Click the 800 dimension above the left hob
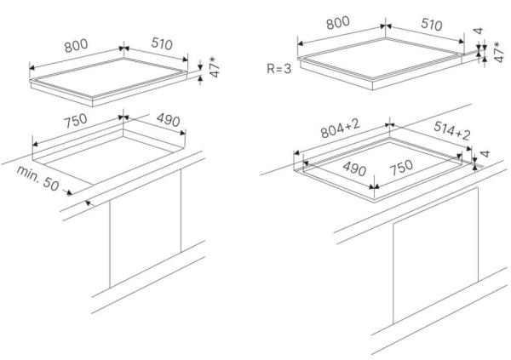pyautogui.click(x=76, y=46)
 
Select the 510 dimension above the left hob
pyautogui.click(x=162, y=43)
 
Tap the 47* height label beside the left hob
pyautogui.click(x=214, y=67)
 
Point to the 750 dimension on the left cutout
pyautogui.click(x=75, y=121)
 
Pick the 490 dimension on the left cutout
pyautogui.click(x=168, y=120)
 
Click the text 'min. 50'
pyautogui.click(x=37, y=179)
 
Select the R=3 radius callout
pyautogui.click(x=279, y=69)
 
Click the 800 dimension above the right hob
pyautogui.click(x=338, y=23)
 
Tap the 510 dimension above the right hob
pyautogui.click(x=432, y=25)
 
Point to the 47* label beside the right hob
pyautogui.click(x=499, y=52)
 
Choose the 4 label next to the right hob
pyautogui.click(x=478, y=31)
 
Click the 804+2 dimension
pyautogui.click(x=340, y=129)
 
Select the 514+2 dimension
pyautogui.click(x=452, y=130)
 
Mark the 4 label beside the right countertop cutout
pyautogui.click(x=485, y=154)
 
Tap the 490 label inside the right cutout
pyautogui.click(x=354, y=169)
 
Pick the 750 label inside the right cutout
pyautogui.click(x=401, y=168)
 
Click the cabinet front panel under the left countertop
pyautogui.click(x=146, y=228)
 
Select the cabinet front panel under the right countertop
pyautogui.click(x=435, y=256)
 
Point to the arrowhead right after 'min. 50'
pyautogui.click(x=69, y=193)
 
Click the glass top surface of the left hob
pyautogui.click(x=109, y=77)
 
